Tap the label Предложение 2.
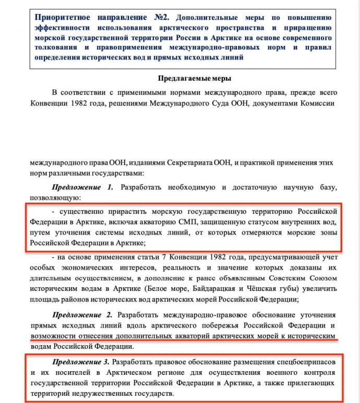coord(82,315)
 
